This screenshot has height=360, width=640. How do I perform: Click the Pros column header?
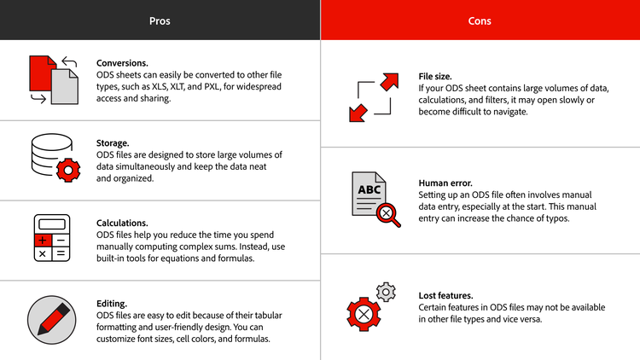[160, 20]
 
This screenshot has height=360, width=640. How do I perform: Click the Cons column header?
[480, 20]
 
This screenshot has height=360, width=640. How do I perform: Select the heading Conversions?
[122, 63]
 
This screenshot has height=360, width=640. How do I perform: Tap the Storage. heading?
[113, 143]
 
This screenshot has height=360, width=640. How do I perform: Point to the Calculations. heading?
[124, 222]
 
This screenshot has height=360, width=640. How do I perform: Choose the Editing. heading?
[112, 303]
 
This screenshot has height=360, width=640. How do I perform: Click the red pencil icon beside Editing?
[53, 316]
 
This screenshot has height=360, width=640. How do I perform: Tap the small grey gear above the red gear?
[387, 293]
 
